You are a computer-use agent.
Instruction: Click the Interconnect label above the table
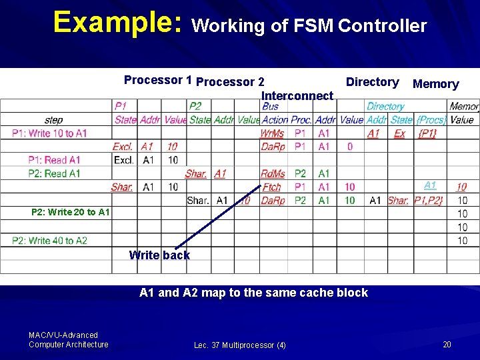pos(297,96)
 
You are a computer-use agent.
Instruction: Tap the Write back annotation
pos(159,255)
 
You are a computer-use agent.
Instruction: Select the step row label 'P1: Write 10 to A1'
pos(49,133)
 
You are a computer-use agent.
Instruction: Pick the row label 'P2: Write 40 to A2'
pos(49,240)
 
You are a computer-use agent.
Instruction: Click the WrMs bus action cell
pos(272,133)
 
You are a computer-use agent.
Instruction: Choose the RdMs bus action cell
pos(273,173)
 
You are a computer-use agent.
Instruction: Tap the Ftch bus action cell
pos(272,187)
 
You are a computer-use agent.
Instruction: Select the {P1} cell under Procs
pos(427,133)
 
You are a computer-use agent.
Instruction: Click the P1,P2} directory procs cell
pos(428,200)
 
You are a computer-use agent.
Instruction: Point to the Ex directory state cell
pos(399,133)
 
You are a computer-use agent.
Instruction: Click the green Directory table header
pos(385,106)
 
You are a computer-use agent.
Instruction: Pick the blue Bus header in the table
pos(271,106)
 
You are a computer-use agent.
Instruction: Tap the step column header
pos(54,120)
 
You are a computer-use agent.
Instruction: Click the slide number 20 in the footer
pos(447,344)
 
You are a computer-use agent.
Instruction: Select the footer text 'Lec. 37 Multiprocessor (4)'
pos(240,345)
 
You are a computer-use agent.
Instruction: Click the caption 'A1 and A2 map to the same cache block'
pos(253,293)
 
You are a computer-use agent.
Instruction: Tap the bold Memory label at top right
pos(436,84)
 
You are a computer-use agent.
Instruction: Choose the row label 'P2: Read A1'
pos(54,173)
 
